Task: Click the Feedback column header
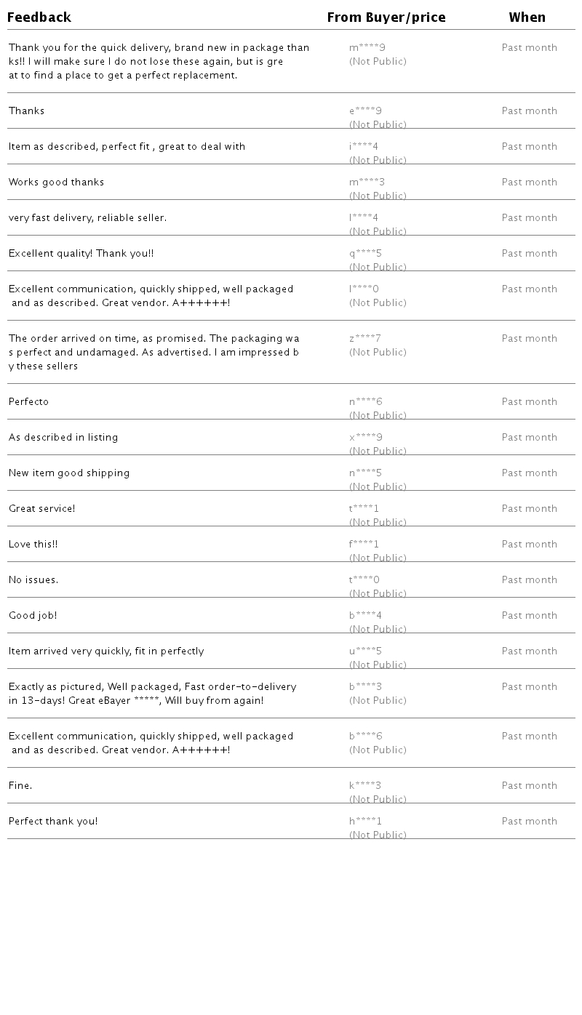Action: tap(39, 17)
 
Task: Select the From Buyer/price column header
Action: tap(386, 17)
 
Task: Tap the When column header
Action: tap(527, 17)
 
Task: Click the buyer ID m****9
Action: tap(367, 48)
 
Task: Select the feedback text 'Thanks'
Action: tap(27, 111)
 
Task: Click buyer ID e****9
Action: tap(366, 111)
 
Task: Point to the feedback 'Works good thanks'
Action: tap(57, 182)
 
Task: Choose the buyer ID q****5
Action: tap(366, 254)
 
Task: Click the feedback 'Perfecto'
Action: tap(29, 402)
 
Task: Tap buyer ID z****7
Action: tap(365, 339)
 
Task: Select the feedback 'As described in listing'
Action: tap(63, 438)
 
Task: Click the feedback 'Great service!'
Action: tap(42, 509)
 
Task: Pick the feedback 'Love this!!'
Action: tap(33, 545)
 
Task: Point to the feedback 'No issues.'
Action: tap(33, 580)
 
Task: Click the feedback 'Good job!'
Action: tap(33, 616)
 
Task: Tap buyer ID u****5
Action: tap(366, 651)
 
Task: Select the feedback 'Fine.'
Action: tap(20, 786)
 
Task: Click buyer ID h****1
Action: tap(366, 822)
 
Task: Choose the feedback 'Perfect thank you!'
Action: tap(53, 822)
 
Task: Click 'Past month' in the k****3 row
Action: tap(530, 786)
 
